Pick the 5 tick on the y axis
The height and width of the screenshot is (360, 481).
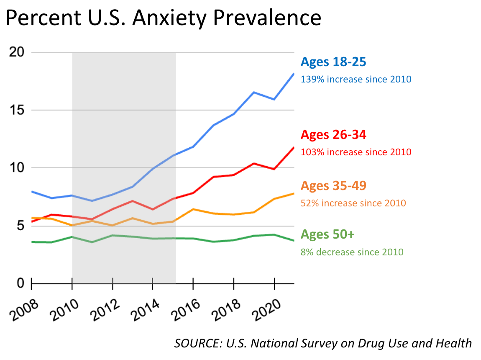pos(20,226)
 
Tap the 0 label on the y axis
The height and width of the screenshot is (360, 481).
pos(20,283)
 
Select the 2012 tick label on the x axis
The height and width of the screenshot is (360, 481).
pos(106,310)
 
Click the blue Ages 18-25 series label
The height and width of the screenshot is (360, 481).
pos(333,62)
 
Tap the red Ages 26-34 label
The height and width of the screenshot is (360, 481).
pos(333,135)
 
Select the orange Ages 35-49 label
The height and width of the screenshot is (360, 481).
pos(333,185)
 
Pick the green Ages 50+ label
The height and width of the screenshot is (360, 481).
pos(327,234)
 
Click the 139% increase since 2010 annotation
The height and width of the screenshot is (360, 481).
pos(356,79)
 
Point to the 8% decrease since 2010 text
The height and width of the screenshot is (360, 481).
pos(352,252)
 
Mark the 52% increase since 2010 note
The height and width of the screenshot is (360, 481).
pos(353,203)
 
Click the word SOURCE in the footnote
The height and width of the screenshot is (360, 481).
pos(194,343)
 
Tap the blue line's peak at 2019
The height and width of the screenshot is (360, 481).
pos(254,92)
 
